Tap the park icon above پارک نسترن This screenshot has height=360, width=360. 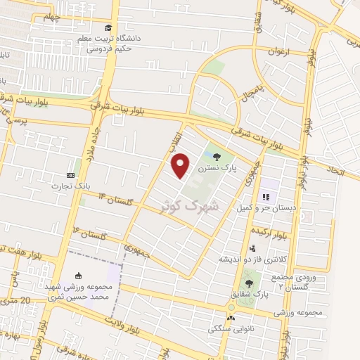pos(216,157)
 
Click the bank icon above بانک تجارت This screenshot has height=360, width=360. pos(70,175)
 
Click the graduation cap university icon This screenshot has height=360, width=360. pos(108,27)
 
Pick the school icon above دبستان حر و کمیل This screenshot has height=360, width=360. pos(266,197)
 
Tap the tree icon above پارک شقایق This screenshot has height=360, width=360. pos(249,283)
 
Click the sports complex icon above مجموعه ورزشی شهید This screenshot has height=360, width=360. pos(78,276)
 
